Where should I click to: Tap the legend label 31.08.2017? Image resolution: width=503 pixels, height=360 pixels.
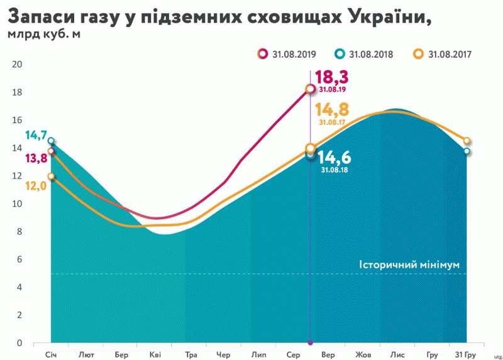pos(450,54)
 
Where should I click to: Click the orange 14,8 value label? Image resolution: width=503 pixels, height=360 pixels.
pos(334,109)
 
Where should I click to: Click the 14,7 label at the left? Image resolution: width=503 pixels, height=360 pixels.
pos(35,134)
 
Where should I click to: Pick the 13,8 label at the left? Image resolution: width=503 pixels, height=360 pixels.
pos(35,158)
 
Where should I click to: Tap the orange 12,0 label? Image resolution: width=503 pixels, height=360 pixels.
pos(35,186)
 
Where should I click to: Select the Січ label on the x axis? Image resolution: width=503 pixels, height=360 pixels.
pos(51,354)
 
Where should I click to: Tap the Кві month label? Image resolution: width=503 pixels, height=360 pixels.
pos(155,354)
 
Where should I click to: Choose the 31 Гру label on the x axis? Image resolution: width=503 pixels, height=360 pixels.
pos(465,354)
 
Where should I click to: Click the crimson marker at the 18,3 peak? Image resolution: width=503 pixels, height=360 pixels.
pos(310,89)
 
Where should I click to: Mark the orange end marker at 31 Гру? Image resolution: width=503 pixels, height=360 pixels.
pos(467,141)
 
